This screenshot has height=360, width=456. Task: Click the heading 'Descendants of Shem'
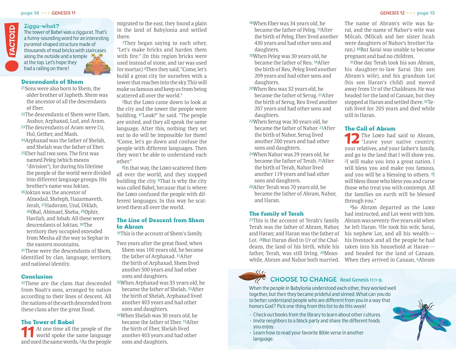click(52, 82)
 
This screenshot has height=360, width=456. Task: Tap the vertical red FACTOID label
click(12, 41)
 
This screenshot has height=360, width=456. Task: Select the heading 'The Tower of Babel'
click(47, 322)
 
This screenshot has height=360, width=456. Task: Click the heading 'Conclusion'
click(37, 276)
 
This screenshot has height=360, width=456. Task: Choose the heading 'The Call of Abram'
click(370, 129)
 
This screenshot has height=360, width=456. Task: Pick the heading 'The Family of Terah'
click(276, 214)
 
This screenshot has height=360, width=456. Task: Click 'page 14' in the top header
click(30, 13)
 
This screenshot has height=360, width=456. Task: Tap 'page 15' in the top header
click(426, 13)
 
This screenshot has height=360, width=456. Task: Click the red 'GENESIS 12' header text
click(392, 13)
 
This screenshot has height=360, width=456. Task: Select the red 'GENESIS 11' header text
click(64, 13)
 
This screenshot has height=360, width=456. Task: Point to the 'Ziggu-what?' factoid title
click(42, 26)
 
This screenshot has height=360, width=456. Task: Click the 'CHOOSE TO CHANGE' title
click(303, 279)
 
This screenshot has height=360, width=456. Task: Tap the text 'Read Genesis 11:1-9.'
click(361, 280)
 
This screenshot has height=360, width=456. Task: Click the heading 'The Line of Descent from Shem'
click(160, 220)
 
